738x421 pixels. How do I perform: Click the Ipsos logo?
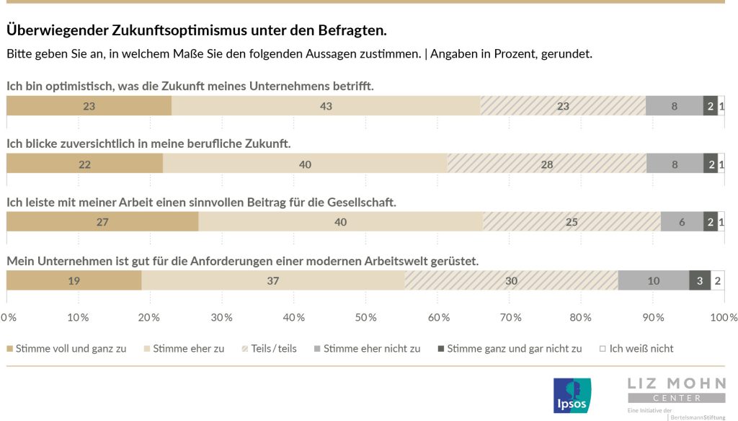[x=572, y=396]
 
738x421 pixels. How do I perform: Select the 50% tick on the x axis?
[x=366, y=317]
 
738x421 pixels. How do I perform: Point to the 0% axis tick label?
[x=8, y=317]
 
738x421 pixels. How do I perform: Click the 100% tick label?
[x=724, y=317]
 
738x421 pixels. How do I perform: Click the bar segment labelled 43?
[x=326, y=106]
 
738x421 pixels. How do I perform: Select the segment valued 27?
[x=102, y=222]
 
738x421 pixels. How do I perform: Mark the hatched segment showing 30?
[x=511, y=280]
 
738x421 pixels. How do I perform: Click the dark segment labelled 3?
[x=700, y=280]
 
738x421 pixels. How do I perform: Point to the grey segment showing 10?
[x=653, y=280]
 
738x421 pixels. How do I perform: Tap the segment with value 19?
[x=74, y=280]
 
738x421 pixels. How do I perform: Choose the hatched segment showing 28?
[x=547, y=164]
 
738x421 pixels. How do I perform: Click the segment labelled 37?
[x=272, y=280]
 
